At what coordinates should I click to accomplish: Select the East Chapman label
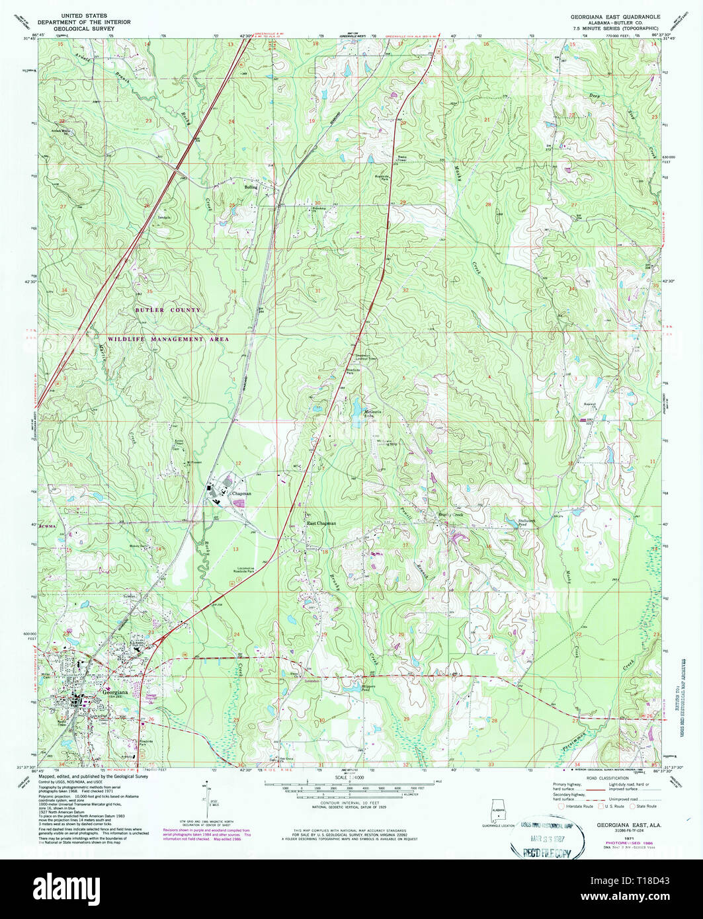tap(321, 523)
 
